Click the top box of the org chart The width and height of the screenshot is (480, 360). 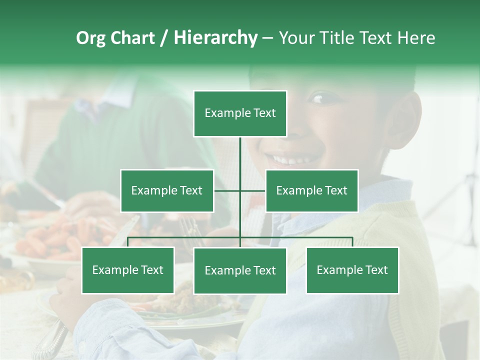tap(240, 113)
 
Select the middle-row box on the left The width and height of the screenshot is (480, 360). tap(167, 190)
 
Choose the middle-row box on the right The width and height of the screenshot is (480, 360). tap(311, 190)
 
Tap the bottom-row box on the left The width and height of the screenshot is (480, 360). tap(128, 270)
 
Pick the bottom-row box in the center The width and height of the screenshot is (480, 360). tap(240, 270)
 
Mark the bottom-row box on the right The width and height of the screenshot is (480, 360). tap(352, 270)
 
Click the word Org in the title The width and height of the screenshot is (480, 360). tap(90, 38)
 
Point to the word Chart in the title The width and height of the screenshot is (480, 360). tap(132, 38)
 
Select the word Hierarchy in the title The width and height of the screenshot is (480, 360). tap(215, 38)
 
